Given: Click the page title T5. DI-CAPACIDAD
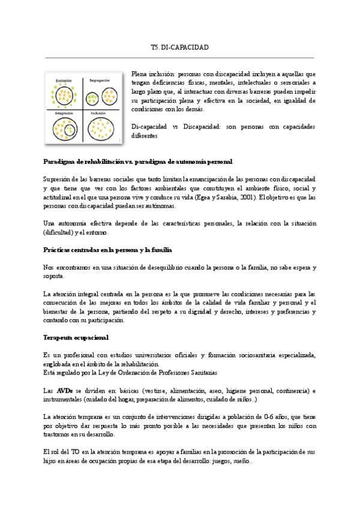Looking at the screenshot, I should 179,47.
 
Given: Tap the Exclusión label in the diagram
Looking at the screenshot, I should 64,80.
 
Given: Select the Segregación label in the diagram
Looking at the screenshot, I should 100,80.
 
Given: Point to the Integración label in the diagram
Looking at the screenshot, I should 64,112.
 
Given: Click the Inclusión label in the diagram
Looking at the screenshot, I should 99,112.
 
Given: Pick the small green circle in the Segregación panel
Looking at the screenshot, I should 92,98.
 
